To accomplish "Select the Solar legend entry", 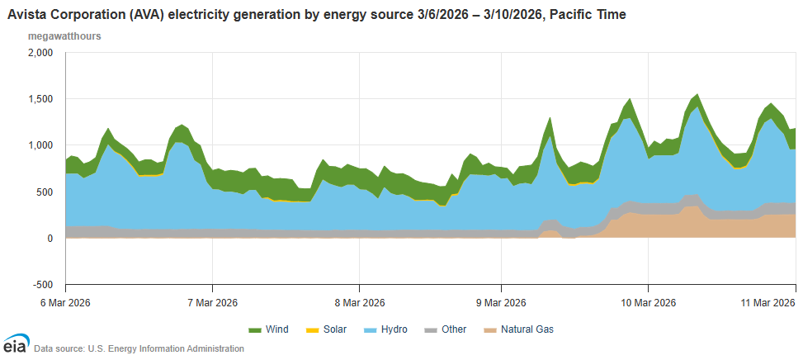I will coord(329,329).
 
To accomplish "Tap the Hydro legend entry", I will coord(390,329).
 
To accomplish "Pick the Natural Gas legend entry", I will coord(518,329).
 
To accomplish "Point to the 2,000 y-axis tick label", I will coord(40,52).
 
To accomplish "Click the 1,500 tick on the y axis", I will coord(40,99).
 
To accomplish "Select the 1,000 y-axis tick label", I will coord(40,145).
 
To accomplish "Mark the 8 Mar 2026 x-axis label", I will coord(359,303).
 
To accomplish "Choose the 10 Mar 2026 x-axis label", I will coord(648,303).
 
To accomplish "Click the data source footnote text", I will coord(139,348).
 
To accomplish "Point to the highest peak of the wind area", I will coord(697,94).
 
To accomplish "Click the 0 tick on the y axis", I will coord(50,239).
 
